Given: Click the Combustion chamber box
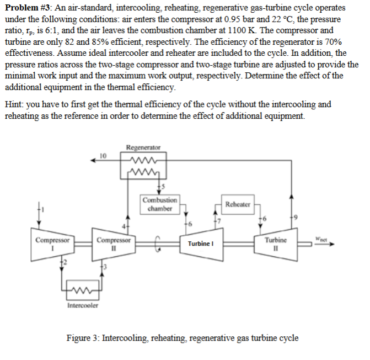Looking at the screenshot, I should click(159, 204).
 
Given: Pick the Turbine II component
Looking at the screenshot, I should click(275, 243).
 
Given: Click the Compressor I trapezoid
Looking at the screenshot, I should click(53, 243).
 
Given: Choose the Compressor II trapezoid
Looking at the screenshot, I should click(114, 243).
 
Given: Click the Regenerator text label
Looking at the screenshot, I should click(143, 148).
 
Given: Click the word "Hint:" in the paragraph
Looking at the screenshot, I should click(14, 104).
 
